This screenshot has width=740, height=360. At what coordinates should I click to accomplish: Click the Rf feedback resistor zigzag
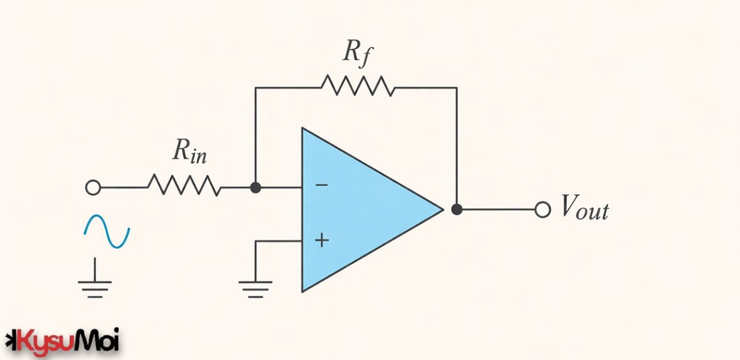[x=357, y=87]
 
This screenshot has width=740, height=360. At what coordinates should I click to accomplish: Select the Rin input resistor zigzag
[x=184, y=186]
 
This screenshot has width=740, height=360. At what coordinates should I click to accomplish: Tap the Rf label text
[x=357, y=53]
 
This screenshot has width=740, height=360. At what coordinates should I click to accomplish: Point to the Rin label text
[x=189, y=151]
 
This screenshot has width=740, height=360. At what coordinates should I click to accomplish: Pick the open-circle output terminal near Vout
[x=542, y=210]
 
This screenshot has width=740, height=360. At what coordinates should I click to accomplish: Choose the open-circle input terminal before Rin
[x=93, y=188]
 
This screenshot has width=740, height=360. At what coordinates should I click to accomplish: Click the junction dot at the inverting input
[x=255, y=188]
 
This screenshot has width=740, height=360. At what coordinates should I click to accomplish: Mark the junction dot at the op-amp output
[x=457, y=209]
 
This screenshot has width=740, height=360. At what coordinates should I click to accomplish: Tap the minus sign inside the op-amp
[x=322, y=185]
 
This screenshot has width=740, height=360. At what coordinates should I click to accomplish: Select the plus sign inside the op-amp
[x=322, y=240]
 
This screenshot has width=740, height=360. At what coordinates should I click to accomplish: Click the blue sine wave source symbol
[x=106, y=232]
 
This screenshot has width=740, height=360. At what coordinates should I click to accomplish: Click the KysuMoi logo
[x=63, y=341]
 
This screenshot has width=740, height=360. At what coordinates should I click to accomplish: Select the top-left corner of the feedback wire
[x=256, y=88]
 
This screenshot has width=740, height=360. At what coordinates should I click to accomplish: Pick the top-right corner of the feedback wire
[x=457, y=88]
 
